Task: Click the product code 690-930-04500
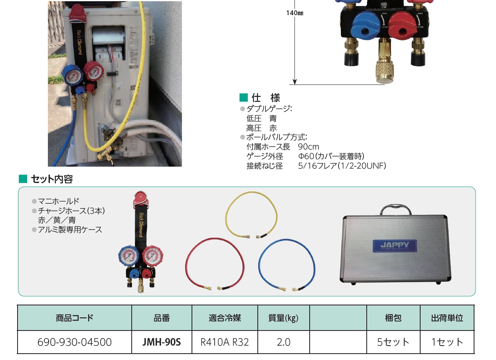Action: point(74,342)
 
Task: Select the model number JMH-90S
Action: point(162,342)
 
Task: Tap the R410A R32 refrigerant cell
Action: point(225,342)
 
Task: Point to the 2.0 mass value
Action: point(283,342)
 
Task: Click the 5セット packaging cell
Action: point(393,342)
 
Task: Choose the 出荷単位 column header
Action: point(447,318)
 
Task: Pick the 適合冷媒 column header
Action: point(225,318)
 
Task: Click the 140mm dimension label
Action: point(294,13)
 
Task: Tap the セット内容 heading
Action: point(51,179)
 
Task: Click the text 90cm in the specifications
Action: point(308,147)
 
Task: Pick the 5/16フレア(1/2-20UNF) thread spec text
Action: point(342,166)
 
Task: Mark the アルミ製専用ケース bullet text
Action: point(70,230)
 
